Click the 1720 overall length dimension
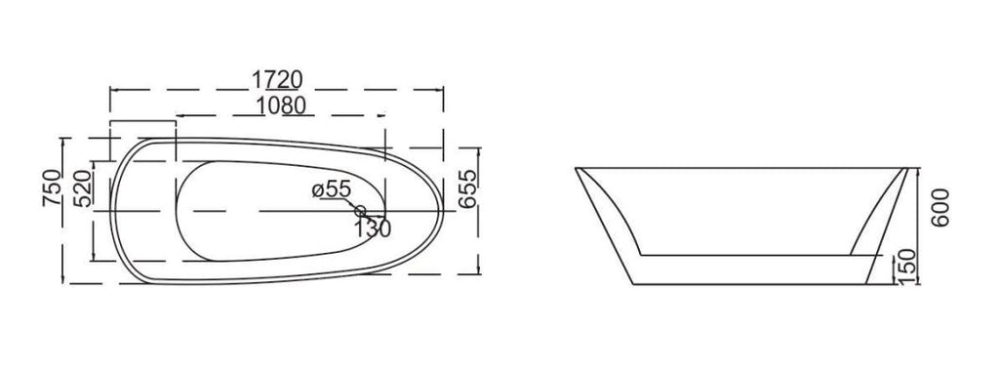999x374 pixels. coord(276,80)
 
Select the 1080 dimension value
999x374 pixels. coord(282,105)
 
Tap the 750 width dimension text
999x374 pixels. coord(52,187)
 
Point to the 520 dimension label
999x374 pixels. coord(82,188)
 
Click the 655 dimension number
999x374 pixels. coord(467,188)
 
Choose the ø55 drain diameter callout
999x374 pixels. coord(332,188)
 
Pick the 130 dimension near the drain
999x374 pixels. coord(373,228)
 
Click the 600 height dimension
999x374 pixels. coord(939,207)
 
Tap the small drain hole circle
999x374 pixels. coord(360,210)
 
